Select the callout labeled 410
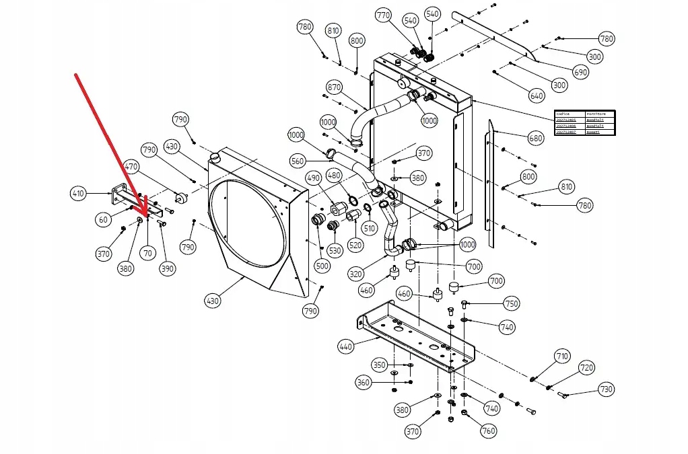point(79,194)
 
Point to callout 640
point(537,96)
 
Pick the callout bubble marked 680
point(535,139)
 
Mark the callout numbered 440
point(346,346)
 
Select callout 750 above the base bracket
point(512,304)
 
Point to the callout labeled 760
point(487,430)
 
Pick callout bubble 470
point(131,166)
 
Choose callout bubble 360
point(364,382)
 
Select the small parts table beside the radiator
point(585,122)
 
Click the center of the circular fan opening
point(246,223)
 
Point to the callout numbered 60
point(103,219)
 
